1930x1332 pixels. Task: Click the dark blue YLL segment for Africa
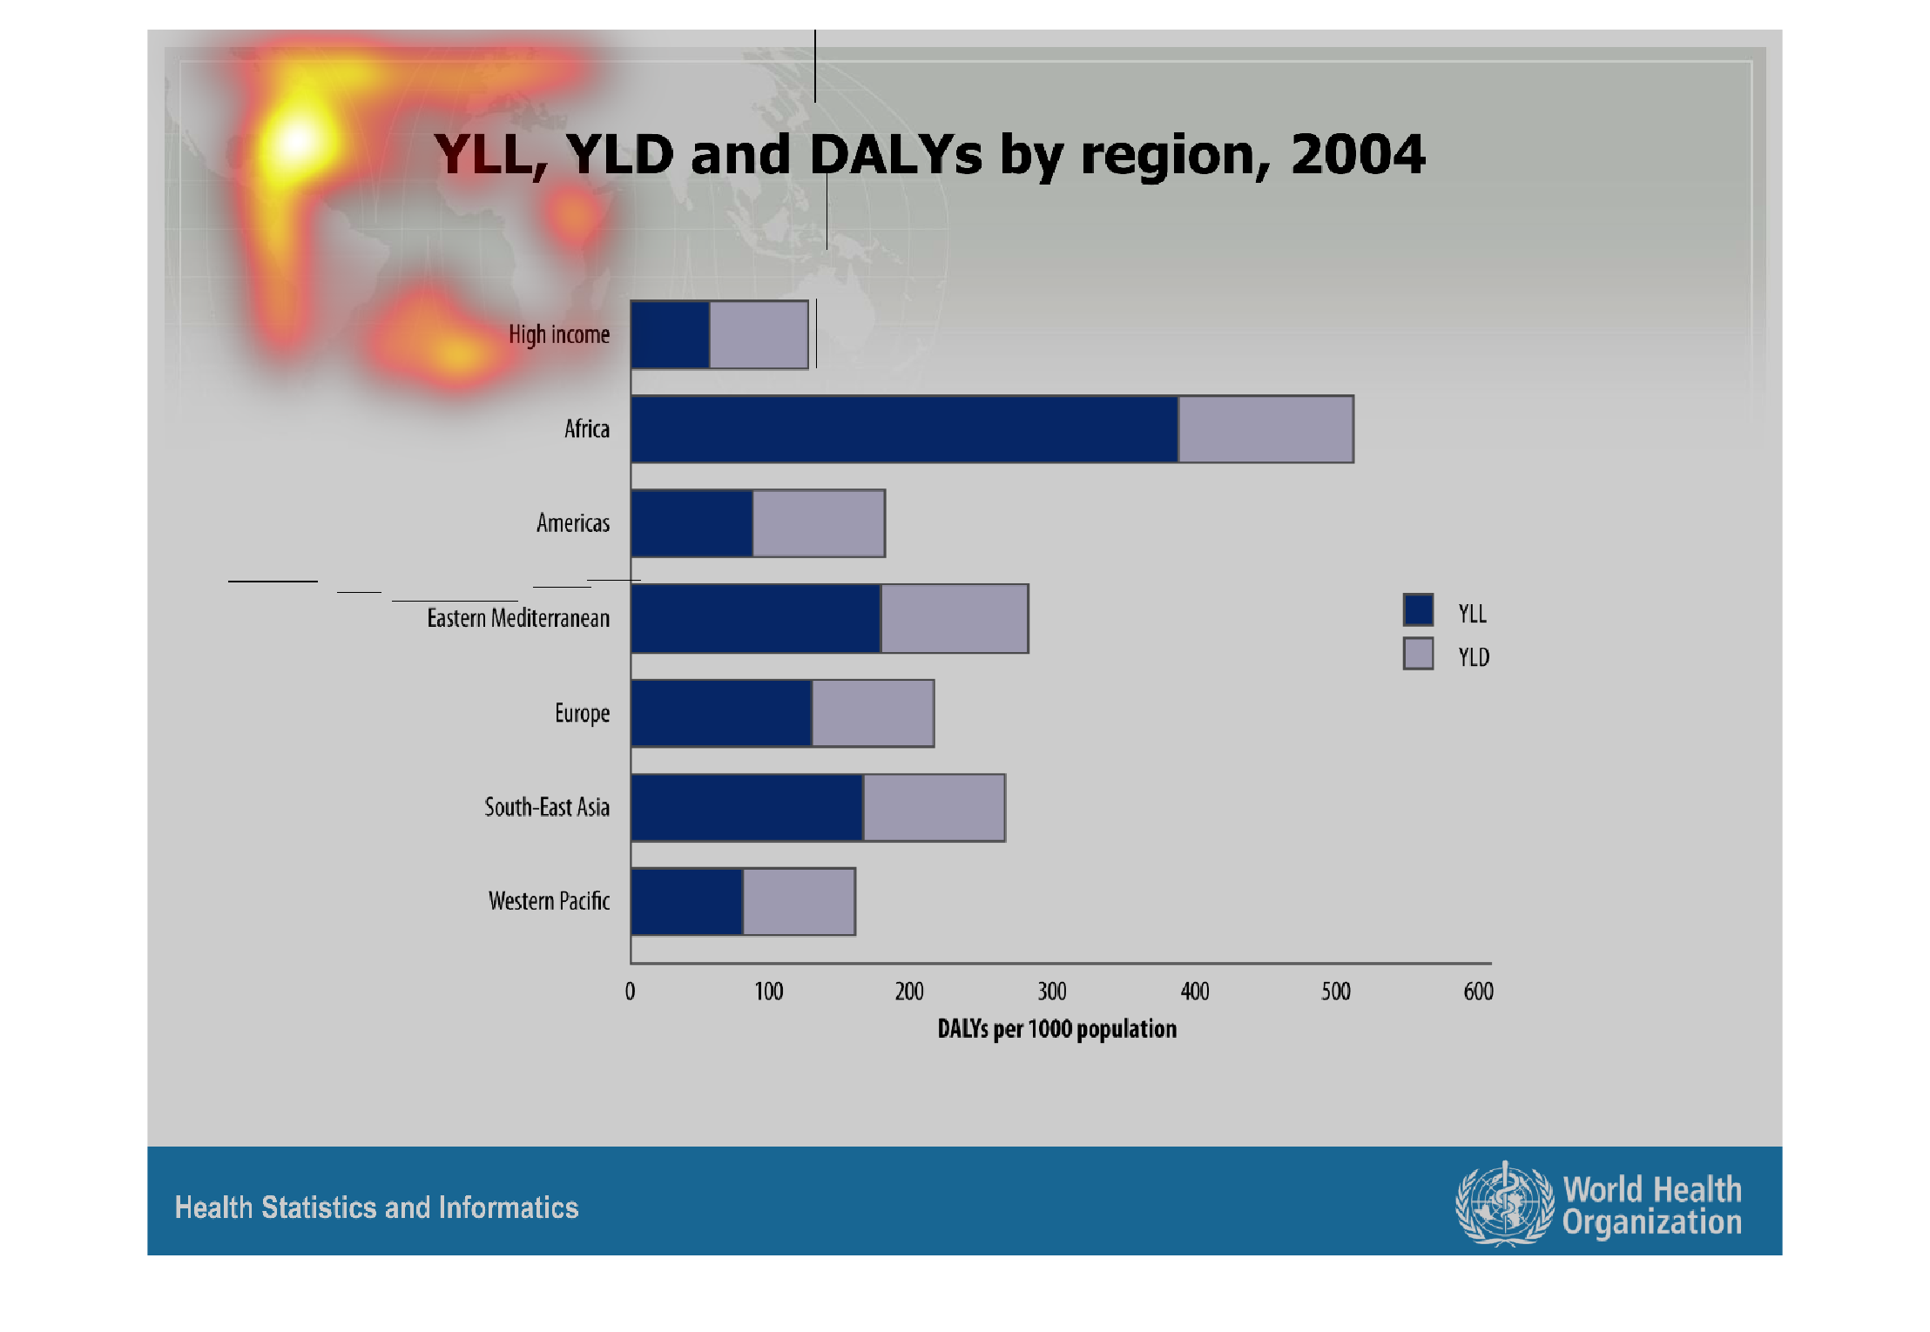904,429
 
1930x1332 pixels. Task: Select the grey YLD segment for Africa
1265,429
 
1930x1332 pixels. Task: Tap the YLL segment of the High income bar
671,335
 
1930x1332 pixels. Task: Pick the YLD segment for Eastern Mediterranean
955,619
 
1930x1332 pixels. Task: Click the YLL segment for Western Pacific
687,902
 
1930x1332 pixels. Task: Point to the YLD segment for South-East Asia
934,808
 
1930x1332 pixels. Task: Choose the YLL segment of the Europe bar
721,714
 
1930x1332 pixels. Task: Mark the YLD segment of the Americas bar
819,523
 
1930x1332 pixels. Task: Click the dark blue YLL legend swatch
1418,609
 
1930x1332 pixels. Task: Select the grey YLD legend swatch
1418,653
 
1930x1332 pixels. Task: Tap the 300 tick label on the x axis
1052,992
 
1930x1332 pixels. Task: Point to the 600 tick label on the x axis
1479,992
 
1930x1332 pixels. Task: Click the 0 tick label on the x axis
630,992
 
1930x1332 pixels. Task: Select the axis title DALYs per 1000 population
1056,1029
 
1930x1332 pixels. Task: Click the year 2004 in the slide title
1358,155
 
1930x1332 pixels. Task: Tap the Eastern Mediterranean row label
518,618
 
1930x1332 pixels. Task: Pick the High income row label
559,334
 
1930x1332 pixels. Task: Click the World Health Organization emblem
1504,1204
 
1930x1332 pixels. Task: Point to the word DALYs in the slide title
896,155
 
